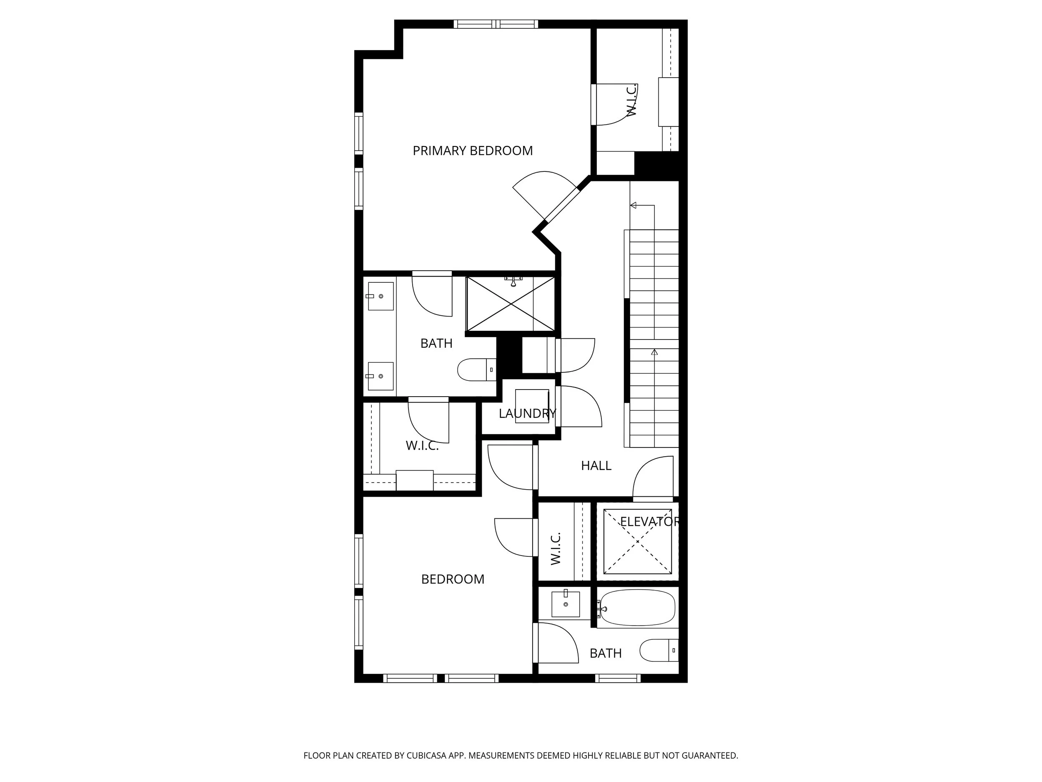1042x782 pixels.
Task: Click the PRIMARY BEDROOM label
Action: (x=473, y=151)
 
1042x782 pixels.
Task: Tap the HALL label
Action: (x=596, y=466)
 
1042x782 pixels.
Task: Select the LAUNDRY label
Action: (x=527, y=413)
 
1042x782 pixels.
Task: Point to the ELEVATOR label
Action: (x=649, y=521)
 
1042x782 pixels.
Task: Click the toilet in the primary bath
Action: (x=477, y=370)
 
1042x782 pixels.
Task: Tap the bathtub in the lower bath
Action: (x=637, y=608)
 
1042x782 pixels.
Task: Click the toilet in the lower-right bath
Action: (x=659, y=651)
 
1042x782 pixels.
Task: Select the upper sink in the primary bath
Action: (x=380, y=296)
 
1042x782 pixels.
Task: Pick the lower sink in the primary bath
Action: (x=380, y=376)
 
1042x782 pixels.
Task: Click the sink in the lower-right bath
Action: (x=565, y=604)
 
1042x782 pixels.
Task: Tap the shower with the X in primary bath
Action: (x=510, y=304)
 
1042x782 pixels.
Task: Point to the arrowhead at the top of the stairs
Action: (x=633, y=206)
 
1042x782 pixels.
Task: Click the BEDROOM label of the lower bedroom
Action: (x=453, y=579)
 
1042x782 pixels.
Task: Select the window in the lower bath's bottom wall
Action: (x=618, y=678)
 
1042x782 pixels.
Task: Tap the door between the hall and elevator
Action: (x=653, y=477)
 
